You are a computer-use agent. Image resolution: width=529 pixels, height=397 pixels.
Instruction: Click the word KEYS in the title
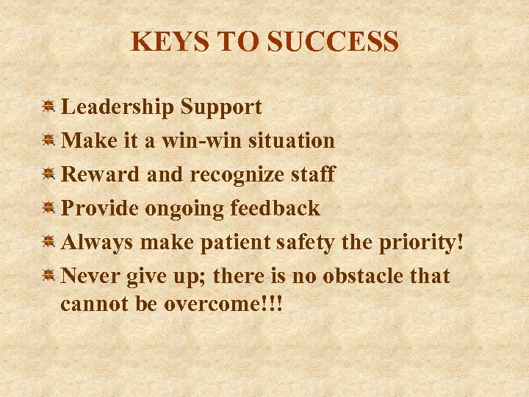[x=163, y=42]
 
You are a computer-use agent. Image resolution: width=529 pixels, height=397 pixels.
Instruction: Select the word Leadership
[x=118, y=107]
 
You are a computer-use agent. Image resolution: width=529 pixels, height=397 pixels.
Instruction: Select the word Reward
[x=90, y=175]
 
